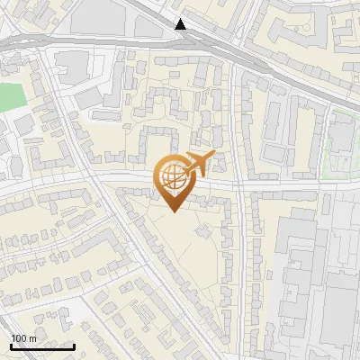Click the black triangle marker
(182, 23)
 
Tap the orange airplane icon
(197, 164)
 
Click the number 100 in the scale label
(19, 338)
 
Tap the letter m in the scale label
(32, 338)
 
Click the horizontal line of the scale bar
(41, 346)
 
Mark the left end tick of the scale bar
(11, 345)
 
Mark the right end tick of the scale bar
(73, 345)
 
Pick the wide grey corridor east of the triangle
(270, 67)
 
